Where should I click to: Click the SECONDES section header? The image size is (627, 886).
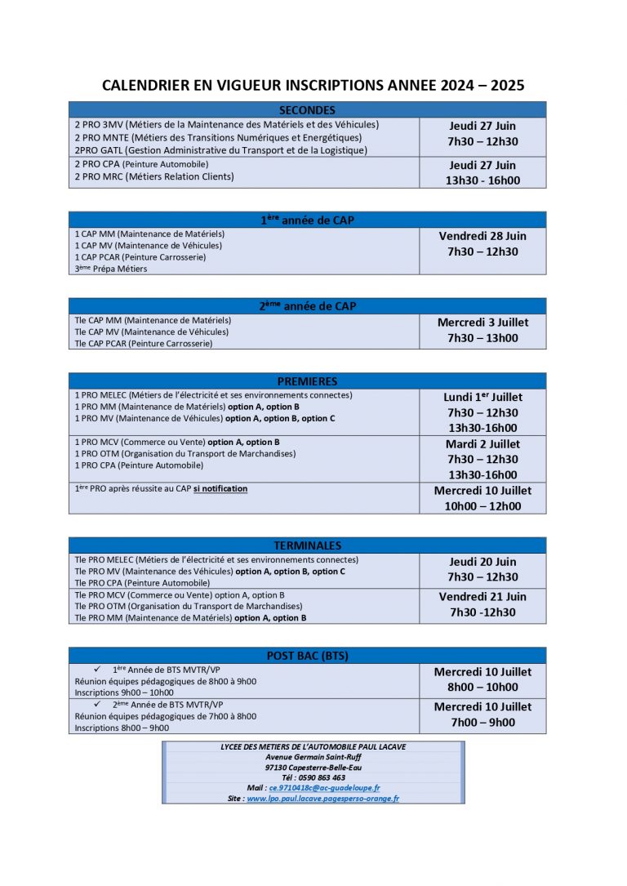(307, 110)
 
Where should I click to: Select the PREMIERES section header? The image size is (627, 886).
(307, 381)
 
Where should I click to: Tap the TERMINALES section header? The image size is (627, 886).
(307, 545)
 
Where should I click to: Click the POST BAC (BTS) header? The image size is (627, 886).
(307, 656)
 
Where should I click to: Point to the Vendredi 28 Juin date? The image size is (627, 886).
(482, 236)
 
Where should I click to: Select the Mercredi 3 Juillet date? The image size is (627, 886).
(482, 323)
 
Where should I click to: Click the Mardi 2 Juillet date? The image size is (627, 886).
(482, 444)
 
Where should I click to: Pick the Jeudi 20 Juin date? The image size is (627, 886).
(482, 562)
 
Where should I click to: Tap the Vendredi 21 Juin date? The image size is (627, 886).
(482, 597)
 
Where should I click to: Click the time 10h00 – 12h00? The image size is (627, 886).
(482, 506)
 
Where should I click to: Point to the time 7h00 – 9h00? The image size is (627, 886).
(482, 723)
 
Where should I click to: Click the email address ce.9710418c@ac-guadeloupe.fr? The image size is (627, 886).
(324, 788)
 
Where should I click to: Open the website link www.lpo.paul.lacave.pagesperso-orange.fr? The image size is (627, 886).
(322, 799)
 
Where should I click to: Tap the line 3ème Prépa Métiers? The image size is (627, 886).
(111, 269)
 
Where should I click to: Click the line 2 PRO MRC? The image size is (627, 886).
(153, 176)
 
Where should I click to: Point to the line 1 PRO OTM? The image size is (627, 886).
(185, 454)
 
